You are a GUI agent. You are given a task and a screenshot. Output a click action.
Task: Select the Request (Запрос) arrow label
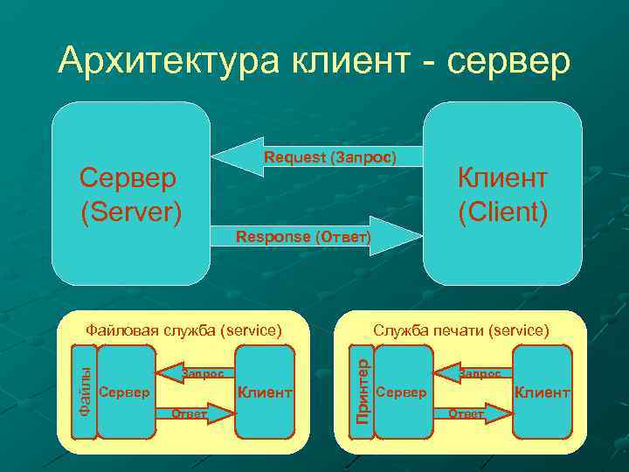point(330,157)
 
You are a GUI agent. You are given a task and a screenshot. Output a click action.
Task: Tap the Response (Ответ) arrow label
point(304,238)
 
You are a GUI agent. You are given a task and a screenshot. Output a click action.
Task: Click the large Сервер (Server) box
point(130,194)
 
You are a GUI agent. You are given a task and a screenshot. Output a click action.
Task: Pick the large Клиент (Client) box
point(502,194)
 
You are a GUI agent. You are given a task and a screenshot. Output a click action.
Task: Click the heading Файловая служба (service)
point(183,330)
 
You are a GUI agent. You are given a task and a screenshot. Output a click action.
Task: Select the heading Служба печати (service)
point(461,330)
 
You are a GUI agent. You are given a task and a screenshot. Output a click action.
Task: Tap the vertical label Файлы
point(84,392)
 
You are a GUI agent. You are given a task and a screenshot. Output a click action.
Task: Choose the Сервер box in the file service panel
point(125,392)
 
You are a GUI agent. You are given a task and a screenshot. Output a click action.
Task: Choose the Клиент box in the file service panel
point(265,392)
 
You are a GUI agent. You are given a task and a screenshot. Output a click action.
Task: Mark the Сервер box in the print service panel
point(403,392)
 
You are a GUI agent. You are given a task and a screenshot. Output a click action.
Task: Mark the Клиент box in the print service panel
point(542,392)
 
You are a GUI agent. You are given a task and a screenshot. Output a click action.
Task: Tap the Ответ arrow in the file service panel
point(194,413)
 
